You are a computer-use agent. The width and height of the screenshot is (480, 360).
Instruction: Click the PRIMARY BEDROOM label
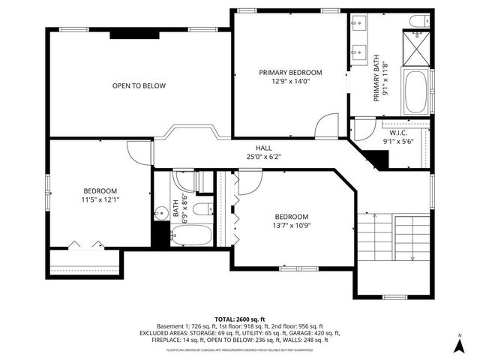click(290, 73)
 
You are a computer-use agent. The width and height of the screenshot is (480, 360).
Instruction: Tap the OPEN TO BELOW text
click(139, 85)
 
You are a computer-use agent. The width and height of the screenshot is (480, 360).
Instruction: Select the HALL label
click(263, 148)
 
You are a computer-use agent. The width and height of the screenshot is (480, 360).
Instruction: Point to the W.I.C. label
click(397, 131)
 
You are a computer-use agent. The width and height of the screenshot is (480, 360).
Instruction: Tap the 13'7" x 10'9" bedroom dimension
click(291, 225)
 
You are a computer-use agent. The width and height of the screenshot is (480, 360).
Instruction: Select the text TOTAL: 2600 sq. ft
click(240, 319)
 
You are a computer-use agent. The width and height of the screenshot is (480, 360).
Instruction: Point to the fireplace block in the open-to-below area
click(133, 33)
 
